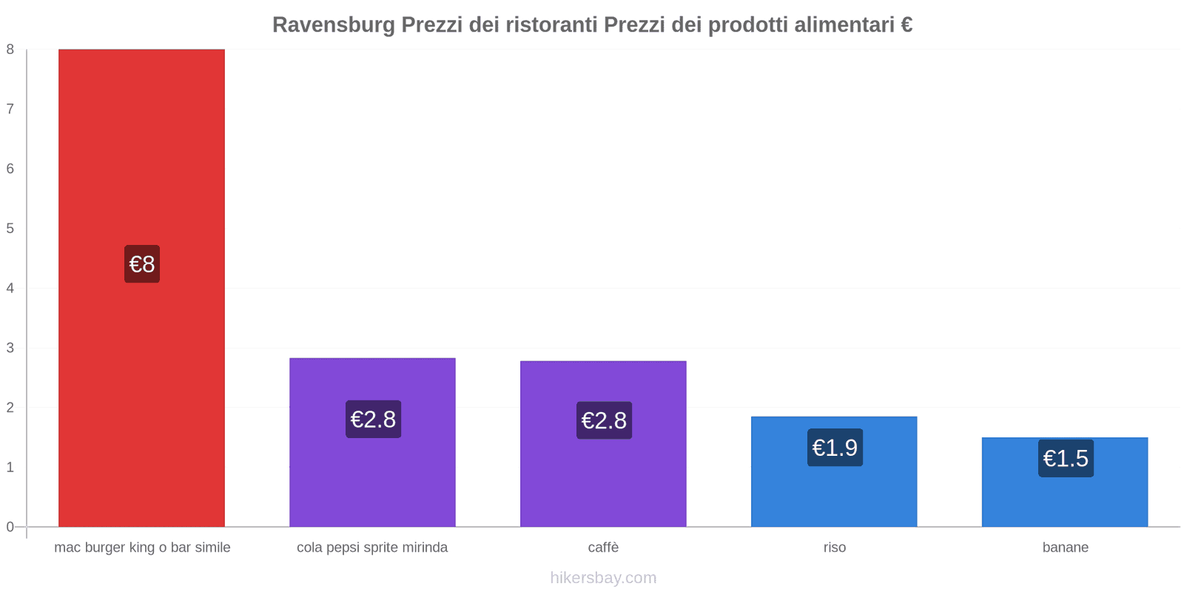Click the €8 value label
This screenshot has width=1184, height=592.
coord(142,264)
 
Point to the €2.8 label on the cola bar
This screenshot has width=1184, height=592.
coord(373,420)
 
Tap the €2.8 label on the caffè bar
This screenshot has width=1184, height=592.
coord(604,420)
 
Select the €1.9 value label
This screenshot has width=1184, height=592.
coord(835,448)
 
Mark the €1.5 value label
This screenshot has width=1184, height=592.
coord(1066,459)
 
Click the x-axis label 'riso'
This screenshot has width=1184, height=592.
coord(835,548)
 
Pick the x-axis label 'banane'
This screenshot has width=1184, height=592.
coord(1065,548)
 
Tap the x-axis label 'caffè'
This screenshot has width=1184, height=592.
coord(603,548)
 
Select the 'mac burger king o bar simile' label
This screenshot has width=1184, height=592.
coord(142,548)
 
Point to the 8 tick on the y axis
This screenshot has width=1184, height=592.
coord(10,50)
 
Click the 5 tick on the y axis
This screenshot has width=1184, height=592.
coord(10,229)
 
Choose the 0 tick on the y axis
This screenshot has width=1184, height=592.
coord(10,527)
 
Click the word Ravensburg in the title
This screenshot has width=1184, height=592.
coord(333,25)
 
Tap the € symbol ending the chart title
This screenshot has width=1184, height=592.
coord(906,25)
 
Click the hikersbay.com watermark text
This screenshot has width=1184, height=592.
coord(603,578)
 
